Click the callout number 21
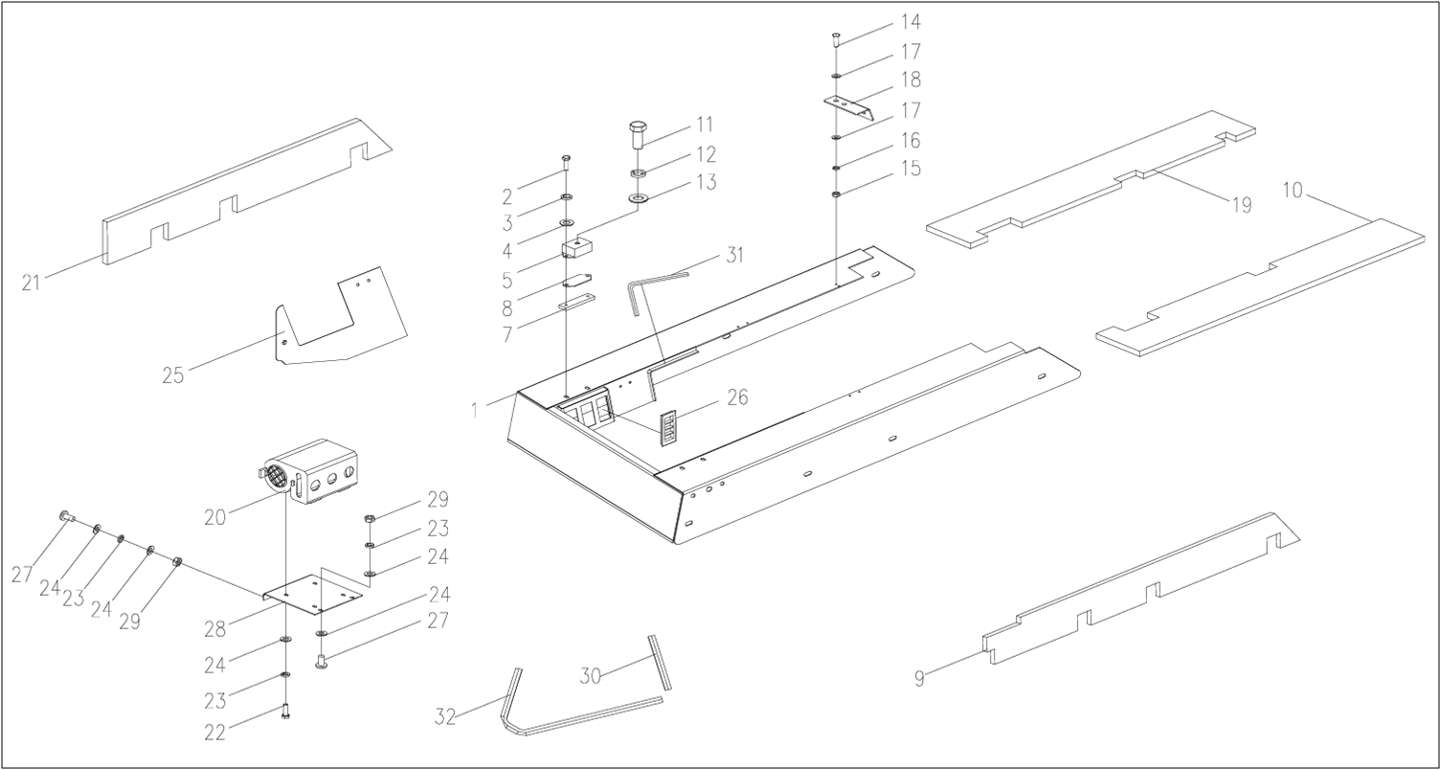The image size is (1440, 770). point(32,283)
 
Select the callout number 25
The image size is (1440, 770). point(172,375)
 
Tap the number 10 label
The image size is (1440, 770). point(1293,191)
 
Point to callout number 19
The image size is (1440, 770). point(1241,205)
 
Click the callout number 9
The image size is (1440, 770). point(919,679)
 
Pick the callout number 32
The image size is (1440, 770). point(446,714)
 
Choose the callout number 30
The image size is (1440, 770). point(591,675)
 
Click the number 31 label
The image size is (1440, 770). point(734,255)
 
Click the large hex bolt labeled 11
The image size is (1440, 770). point(639,132)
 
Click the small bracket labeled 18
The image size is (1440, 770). point(849,105)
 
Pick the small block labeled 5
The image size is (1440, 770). point(576,249)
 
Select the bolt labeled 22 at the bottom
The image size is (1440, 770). point(285,711)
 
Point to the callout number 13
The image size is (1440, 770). point(705,182)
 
